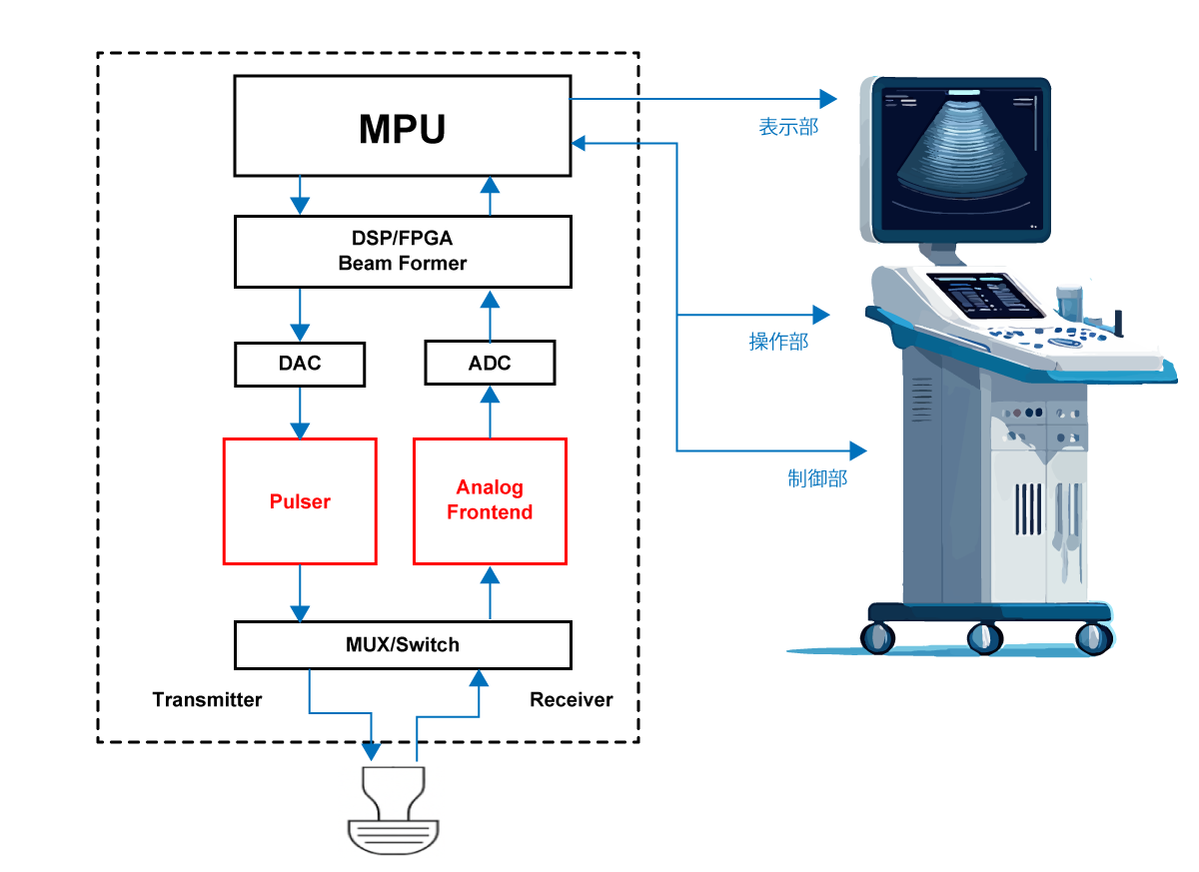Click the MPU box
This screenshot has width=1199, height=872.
tap(403, 126)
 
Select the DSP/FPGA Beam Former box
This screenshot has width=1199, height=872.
tap(403, 252)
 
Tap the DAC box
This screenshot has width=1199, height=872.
tap(300, 364)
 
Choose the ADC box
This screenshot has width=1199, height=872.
tap(490, 363)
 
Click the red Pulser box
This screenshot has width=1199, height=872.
tap(300, 501)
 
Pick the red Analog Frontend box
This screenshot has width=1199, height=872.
tap(490, 501)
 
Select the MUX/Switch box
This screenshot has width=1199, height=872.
tap(403, 644)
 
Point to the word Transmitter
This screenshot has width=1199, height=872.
tap(207, 700)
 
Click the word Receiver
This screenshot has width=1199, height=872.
tap(572, 700)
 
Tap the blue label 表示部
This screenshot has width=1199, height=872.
tap(788, 127)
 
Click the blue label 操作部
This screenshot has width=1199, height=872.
tap(778, 342)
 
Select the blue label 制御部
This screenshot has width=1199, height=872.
tap(817, 478)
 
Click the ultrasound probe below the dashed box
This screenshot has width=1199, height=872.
tap(394, 810)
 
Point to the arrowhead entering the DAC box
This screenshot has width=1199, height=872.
tap(300, 332)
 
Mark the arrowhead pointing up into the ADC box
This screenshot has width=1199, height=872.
tap(490, 396)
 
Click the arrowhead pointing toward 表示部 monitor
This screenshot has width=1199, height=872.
tap(828, 99)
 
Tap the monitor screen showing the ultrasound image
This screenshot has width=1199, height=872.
tap(961, 159)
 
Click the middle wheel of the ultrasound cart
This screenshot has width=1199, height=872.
tap(984, 638)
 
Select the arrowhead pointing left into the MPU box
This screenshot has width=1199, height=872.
tap(580, 144)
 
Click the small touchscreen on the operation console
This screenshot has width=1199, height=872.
tap(985, 296)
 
